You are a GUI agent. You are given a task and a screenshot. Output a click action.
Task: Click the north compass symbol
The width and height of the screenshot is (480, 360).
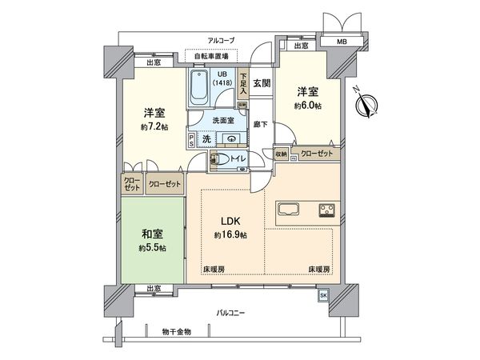pyautogui.click(x=370, y=106)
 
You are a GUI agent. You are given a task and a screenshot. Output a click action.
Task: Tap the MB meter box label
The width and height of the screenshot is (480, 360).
pyautogui.click(x=342, y=41)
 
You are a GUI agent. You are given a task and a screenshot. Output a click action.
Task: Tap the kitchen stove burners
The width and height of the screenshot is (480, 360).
pyautogui.click(x=328, y=212)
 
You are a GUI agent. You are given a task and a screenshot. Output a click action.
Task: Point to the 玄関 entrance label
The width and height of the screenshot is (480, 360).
pyautogui.click(x=262, y=82)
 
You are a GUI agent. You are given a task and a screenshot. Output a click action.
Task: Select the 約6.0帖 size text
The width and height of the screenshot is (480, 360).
pyautogui.click(x=307, y=106)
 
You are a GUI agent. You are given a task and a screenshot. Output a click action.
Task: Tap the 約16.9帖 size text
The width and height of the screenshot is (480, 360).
pyautogui.click(x=230, y=235)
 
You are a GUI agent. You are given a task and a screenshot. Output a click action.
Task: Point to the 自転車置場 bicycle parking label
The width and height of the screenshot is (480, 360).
pyautogui.click(x=212, y=56)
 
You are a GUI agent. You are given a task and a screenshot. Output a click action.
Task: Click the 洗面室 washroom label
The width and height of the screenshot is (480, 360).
pyautogui.click(x=223, y=121)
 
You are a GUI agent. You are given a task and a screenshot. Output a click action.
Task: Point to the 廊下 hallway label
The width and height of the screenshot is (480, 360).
pyautogui.click(x=261, y=124)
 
